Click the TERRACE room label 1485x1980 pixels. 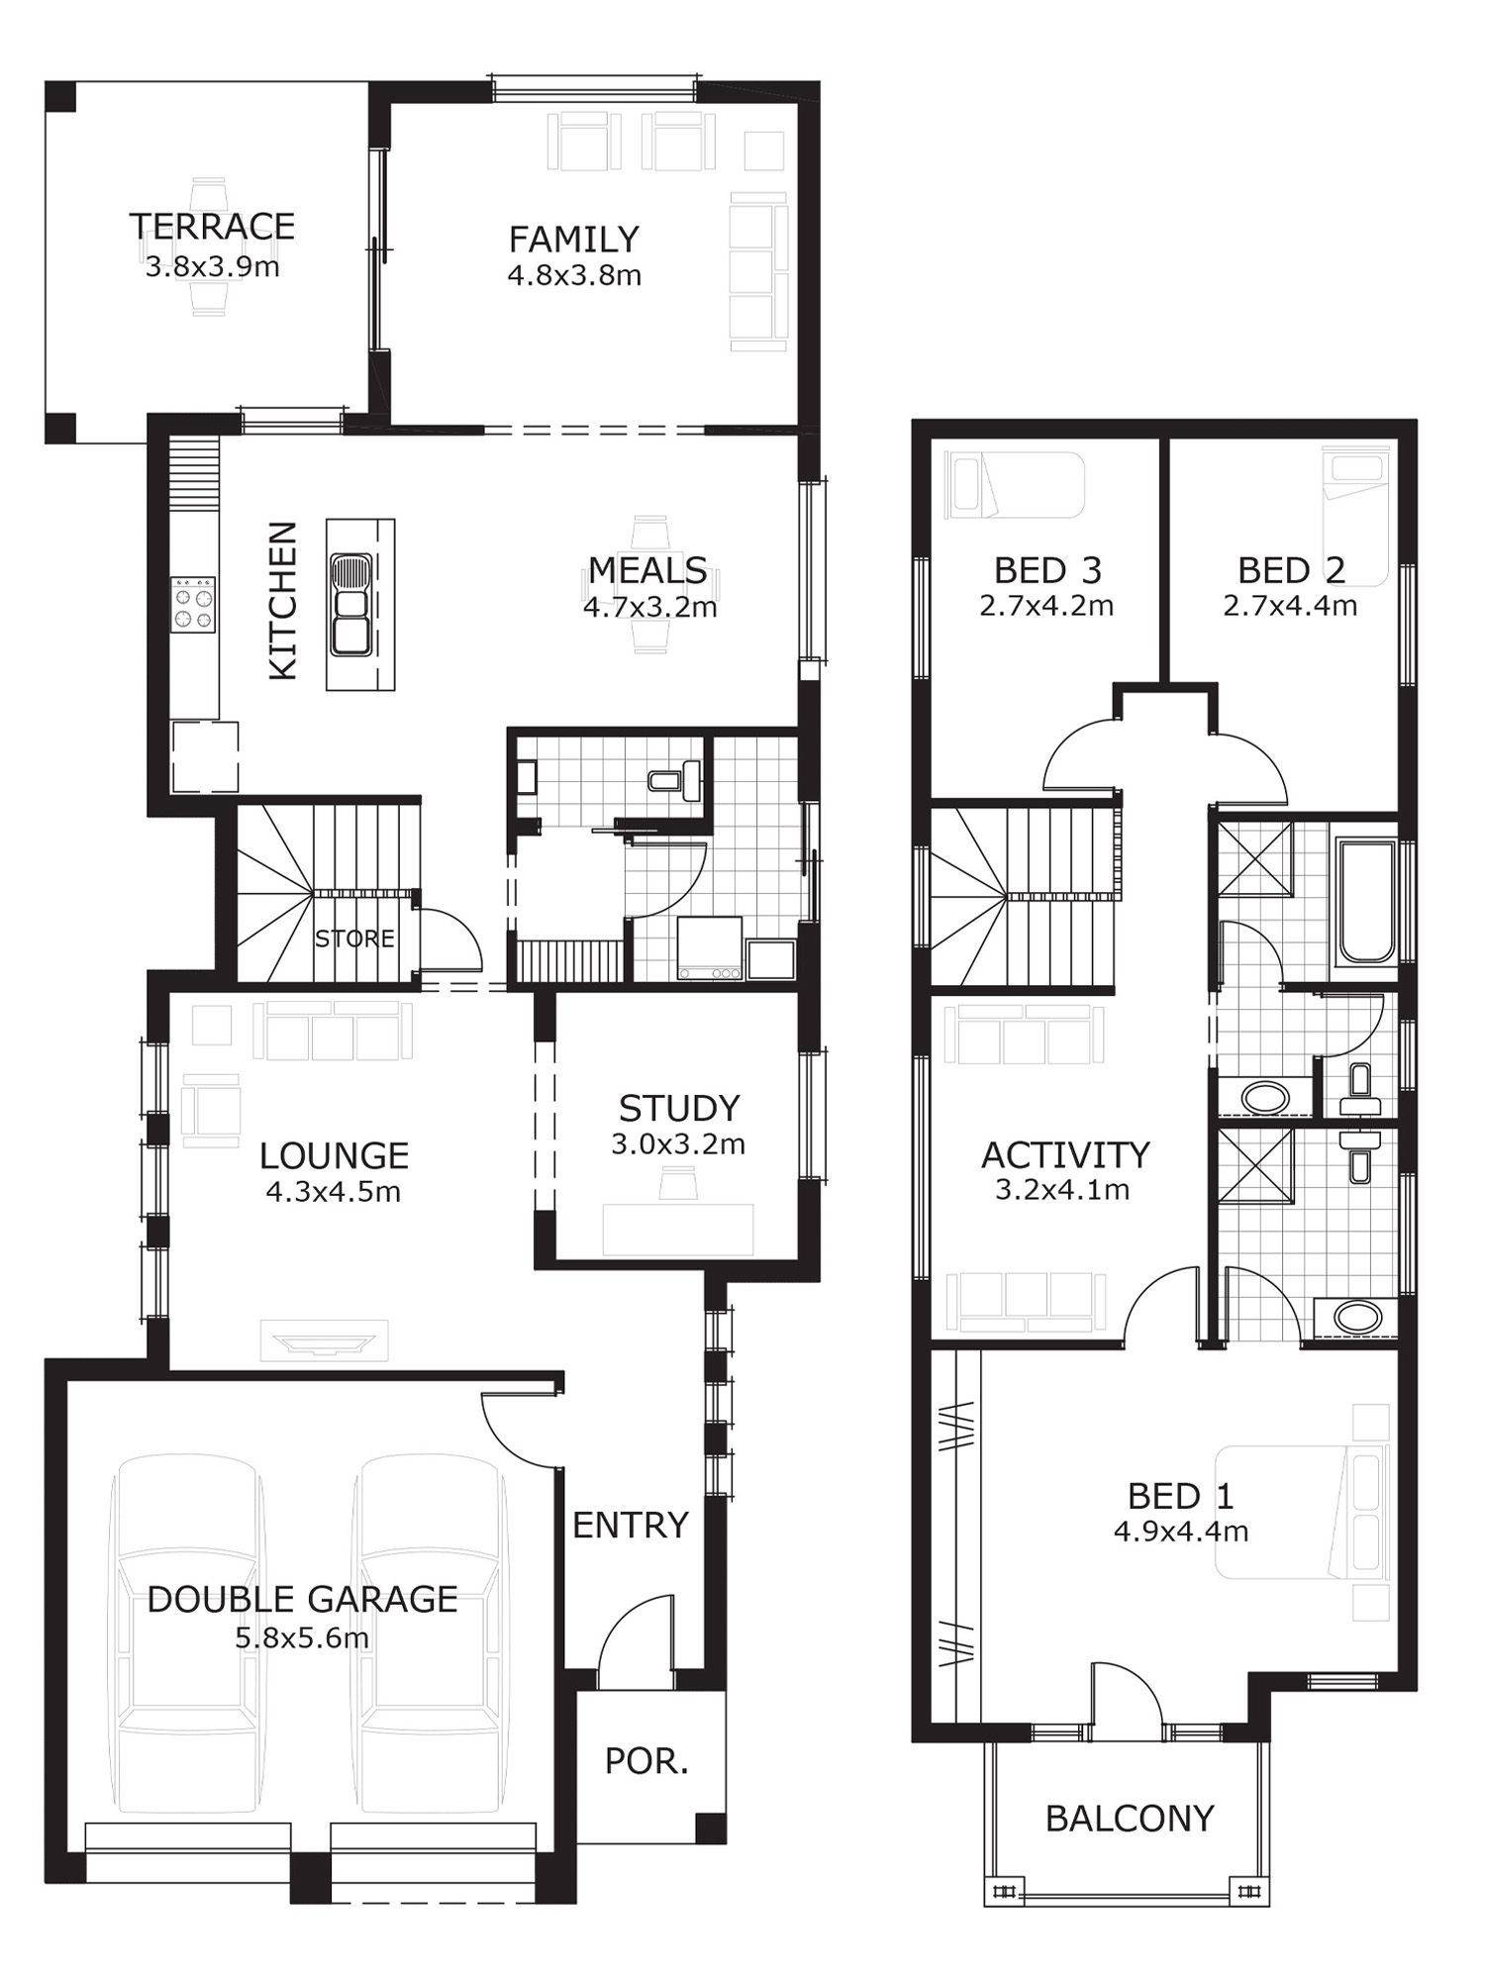tap(212, 227)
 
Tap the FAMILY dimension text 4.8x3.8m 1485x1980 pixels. tap(574, 275)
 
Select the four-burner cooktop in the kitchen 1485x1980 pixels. tap(193, 605)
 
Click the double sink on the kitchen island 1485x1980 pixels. tap(351, 605)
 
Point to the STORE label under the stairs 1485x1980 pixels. tap(354, 938)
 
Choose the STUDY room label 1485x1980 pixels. tap(679, 1108)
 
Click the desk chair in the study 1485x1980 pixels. tap(678, 1183)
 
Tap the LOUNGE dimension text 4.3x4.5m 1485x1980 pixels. tap(333, 1192)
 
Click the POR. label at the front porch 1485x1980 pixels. tap(646, 1761)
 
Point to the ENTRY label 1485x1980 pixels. tap(630, 1526)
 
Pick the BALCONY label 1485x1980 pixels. tap(1130, 1819)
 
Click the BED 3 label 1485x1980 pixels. tap(1047, 570)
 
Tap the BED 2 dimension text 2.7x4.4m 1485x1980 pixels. tap(1290, 605)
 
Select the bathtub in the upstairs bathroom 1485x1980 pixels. tap(1366, 901)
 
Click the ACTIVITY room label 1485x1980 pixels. tap(1065, 1155)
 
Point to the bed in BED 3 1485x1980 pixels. tap(1015, 485)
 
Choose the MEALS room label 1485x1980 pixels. tap(647, 570)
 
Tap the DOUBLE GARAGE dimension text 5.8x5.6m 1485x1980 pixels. tap(302, 1637)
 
